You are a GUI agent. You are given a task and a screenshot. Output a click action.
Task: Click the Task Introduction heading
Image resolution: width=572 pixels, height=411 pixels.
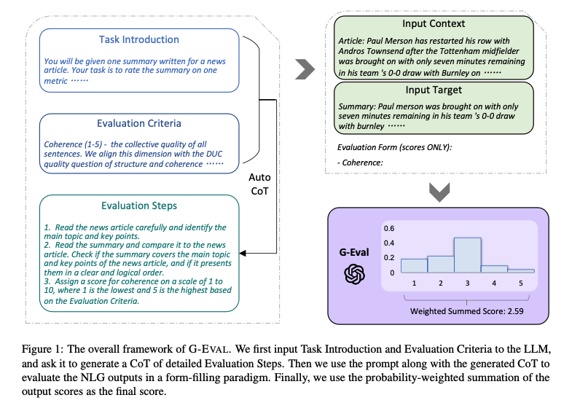pyautogui.click(x=138, y=39)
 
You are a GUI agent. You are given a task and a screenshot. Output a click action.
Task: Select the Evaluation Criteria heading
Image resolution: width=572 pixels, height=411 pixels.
pyautogui.click(x=138, y=123)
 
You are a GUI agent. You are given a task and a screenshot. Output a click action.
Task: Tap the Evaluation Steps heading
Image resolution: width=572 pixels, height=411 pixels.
pyautogui.click(x=138, y=205)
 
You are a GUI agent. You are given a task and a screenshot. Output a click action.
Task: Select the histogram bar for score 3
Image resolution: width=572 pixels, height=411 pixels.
pyautogui.click(x=466, y=255)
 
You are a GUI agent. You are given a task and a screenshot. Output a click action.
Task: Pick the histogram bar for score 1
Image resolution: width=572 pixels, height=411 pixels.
pyautogui.click(x=413, y=266)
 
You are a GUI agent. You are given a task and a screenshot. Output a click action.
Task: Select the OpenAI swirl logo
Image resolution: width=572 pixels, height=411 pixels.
pyautogui.click(x=356, y=275)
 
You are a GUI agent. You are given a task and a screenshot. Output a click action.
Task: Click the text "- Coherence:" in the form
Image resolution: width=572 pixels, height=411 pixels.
pyautogui.click(x=361, y=163)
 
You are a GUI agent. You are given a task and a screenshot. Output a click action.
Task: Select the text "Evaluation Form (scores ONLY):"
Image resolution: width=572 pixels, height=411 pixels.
pyautogui.click(x=394, y=147)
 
